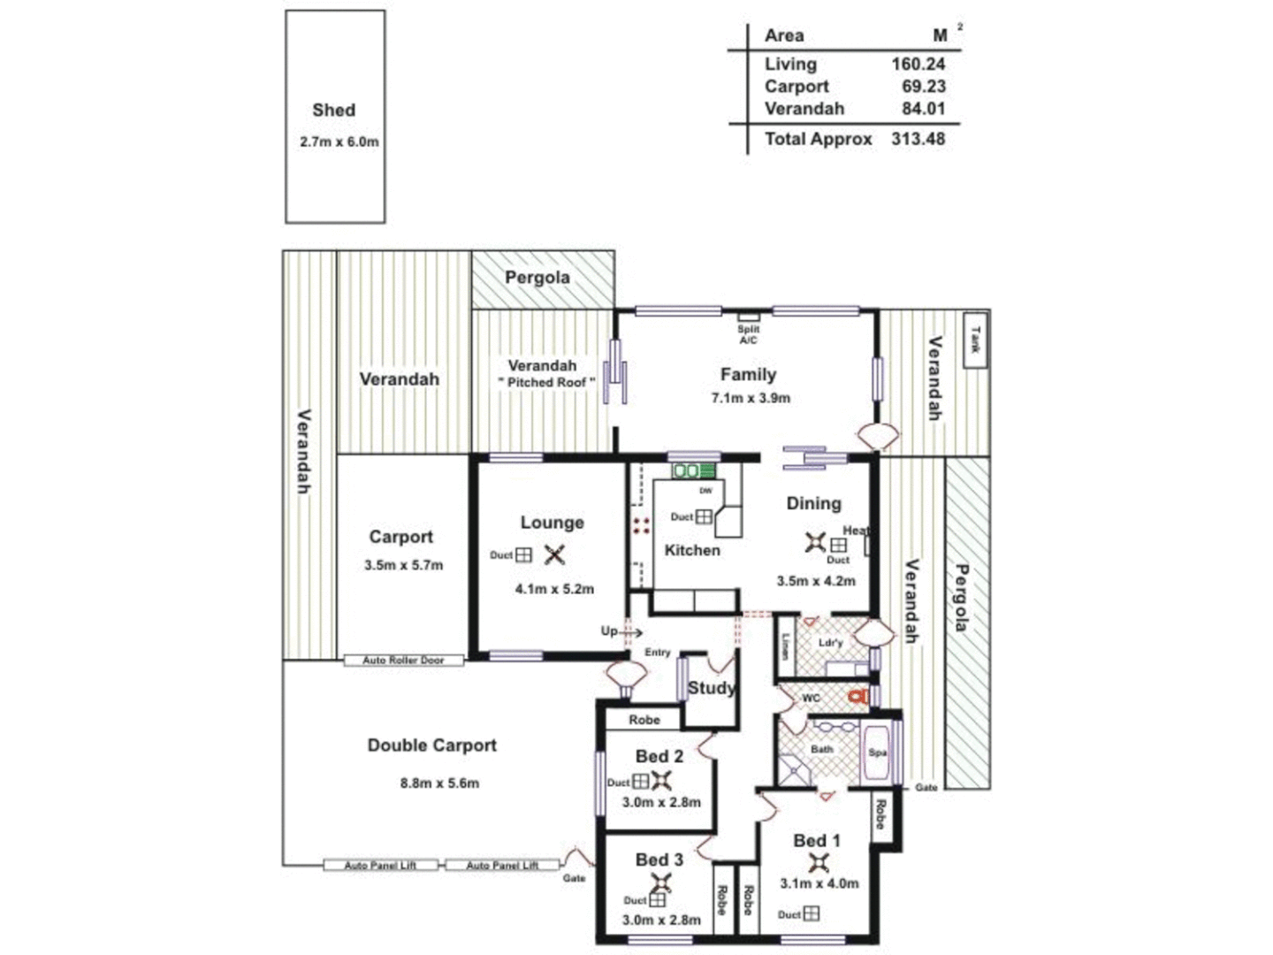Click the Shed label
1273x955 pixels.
click(x=333, y=111)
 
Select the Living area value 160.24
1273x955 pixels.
click(x=918, y=64)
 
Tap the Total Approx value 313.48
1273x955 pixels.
click(x=918, y=139)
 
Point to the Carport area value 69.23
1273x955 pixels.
click(x=923, y=87)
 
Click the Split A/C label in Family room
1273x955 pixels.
click(x=748, y=334)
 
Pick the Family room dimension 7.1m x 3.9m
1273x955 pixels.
click(x=751, y=398)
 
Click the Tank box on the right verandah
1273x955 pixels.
click(x=975, y=340)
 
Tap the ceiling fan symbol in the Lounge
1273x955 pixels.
click(x=554, y=555)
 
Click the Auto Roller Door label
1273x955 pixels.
click(x=403, y=661)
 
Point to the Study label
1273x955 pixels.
click(x=711, y=688)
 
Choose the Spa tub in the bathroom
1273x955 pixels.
click(x=876, y=753)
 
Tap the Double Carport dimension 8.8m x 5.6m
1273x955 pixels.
click(x=439, y=783)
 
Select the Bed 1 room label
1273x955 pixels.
click(x=816, y=841)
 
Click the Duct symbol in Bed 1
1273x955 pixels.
click(x=810, y=913)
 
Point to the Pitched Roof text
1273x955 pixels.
click(x=546, y=382)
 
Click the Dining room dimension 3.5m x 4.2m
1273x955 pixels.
click(x=816, y=581)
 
